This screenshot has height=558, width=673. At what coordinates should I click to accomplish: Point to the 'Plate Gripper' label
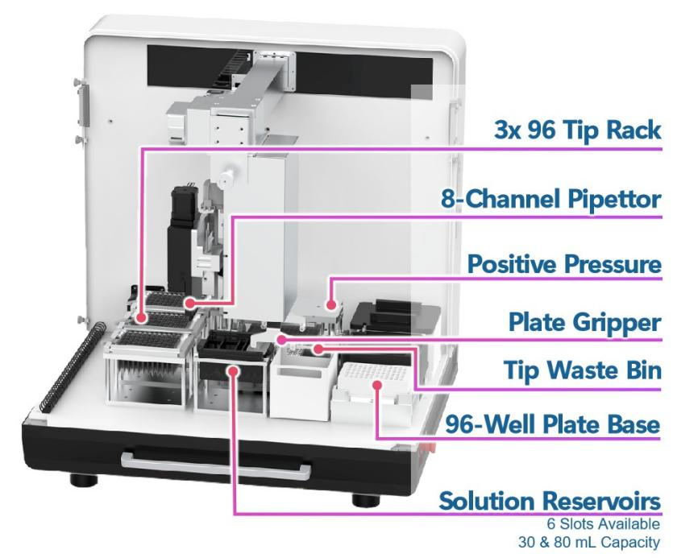click(581, 321)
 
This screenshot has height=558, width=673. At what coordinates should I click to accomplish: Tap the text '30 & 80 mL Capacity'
click(604, 540)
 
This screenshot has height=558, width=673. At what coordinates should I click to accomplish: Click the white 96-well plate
click(375, 386)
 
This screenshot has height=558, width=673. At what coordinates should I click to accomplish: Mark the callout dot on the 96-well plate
click(376, 385)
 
